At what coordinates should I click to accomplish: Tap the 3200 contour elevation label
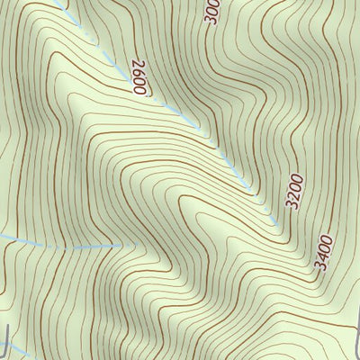(x=295, y=193)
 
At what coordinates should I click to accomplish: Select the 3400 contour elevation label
(x=325, y=253)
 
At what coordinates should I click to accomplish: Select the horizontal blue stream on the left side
(x=54, y=246)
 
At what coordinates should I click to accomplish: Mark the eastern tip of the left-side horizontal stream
(x=121, y=243)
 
